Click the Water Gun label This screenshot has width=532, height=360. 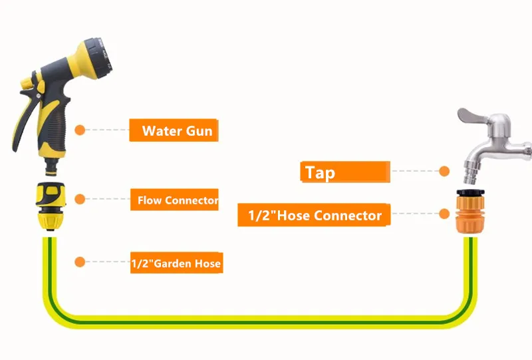(174, 130)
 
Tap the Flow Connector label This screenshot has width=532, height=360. (174, 200)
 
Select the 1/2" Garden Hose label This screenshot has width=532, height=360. (176, 263)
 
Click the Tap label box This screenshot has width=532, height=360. (345, 172)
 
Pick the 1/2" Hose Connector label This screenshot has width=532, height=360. (314, 215)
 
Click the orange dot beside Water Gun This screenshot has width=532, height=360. (80, 130)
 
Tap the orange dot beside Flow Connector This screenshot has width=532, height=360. (80, 199)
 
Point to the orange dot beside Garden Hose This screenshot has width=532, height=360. (80, 262)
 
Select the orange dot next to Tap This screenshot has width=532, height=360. (444, 171)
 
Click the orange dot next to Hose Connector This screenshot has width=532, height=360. (444, 214)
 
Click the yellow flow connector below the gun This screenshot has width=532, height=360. (51, 206)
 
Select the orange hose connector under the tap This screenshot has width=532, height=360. (469, 212)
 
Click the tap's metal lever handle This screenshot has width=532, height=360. (472, 116)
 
